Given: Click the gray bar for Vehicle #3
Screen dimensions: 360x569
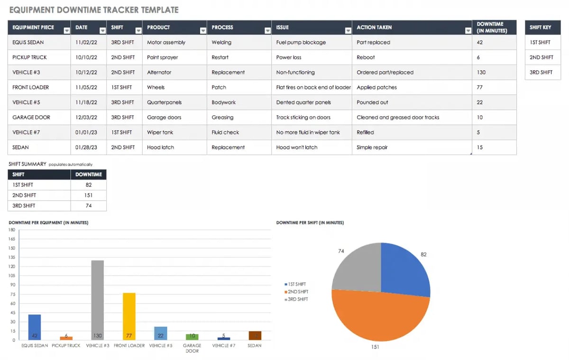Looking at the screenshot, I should click(97, 299).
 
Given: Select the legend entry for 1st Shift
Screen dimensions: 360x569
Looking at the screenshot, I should click(297, 284).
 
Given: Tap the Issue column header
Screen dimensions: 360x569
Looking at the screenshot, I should click(283, 28).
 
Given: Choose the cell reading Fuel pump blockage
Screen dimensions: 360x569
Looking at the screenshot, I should click(301, 42).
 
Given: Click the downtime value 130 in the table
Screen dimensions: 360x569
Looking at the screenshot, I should click(481, 73).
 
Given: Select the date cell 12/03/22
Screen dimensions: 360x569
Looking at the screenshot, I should click(86, 118).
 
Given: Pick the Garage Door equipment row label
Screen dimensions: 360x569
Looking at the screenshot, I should click(31, 118).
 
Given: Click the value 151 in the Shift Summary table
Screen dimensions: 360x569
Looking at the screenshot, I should click(89, 195).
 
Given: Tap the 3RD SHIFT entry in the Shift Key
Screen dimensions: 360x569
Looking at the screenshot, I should click(541, 73).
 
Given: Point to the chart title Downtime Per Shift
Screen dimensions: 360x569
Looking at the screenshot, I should click(310, 222).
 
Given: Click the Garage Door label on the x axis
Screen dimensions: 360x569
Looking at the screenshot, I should click(192, 348).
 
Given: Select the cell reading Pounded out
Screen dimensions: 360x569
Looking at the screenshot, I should click(372, 102).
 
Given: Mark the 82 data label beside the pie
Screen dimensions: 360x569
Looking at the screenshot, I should click(423, 255).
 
